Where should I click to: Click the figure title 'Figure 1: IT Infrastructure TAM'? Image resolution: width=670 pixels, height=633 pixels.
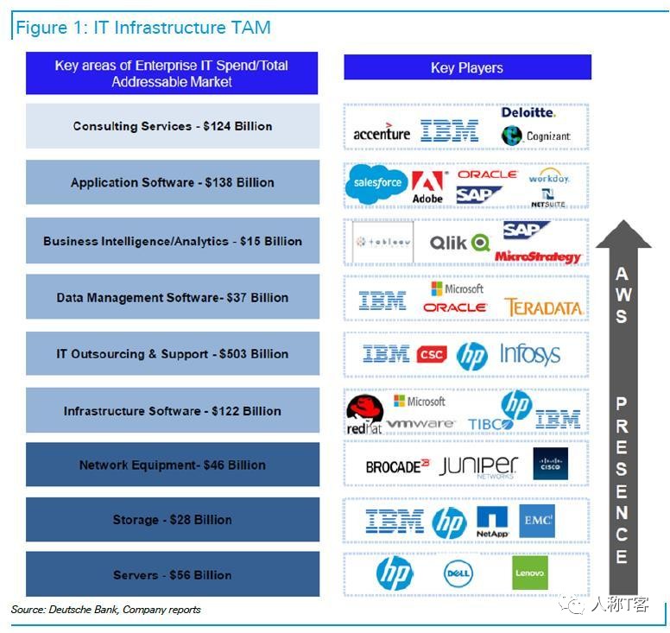point(143,28)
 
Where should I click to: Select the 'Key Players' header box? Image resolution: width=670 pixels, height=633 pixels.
point(467,67)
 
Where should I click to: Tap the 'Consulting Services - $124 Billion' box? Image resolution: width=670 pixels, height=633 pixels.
point(173,126)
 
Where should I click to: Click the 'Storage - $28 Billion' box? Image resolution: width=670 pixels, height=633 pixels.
point(173,520)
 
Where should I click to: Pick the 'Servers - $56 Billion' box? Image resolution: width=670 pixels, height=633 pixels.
point(173,575)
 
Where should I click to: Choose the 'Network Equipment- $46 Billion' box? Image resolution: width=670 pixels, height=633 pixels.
point(173,465)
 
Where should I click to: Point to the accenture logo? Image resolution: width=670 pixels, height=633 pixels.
point(382,133)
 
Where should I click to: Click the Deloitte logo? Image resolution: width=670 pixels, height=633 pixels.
point(528,112)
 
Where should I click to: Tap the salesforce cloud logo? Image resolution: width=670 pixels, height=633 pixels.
point(376,183)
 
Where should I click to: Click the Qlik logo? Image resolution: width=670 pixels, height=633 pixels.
point(460,243)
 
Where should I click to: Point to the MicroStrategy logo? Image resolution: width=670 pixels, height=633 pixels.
point(538,256)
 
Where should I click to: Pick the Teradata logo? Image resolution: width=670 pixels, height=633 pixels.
point(544,307)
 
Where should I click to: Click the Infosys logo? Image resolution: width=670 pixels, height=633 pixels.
point(530,355)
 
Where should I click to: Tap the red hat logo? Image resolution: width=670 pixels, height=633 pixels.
point(364,414)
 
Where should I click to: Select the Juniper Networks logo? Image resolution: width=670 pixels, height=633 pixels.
point(478,466)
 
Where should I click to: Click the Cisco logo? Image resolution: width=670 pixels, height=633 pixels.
point(550,465)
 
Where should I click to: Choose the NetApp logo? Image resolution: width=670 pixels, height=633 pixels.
point(492,522)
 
